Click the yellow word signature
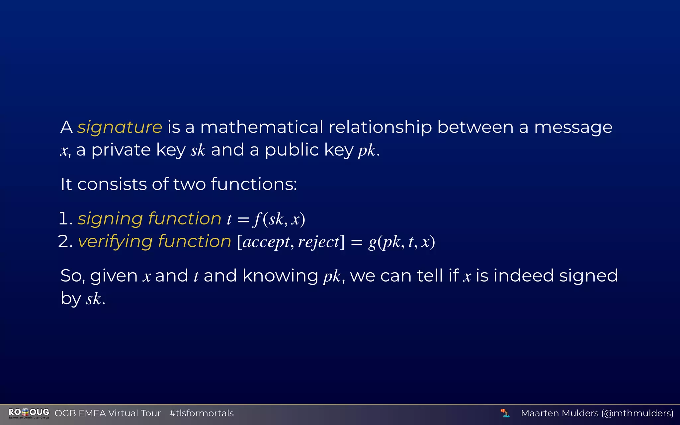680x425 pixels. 120,127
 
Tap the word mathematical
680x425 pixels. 262,127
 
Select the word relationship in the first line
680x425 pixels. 380,127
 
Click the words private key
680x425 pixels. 138,150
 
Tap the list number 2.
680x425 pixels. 64,241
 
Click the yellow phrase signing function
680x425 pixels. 149,219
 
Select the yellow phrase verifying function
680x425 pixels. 154,241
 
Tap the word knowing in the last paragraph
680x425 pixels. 280,276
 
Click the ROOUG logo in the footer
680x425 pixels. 29,413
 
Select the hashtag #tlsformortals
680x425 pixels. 202,413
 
